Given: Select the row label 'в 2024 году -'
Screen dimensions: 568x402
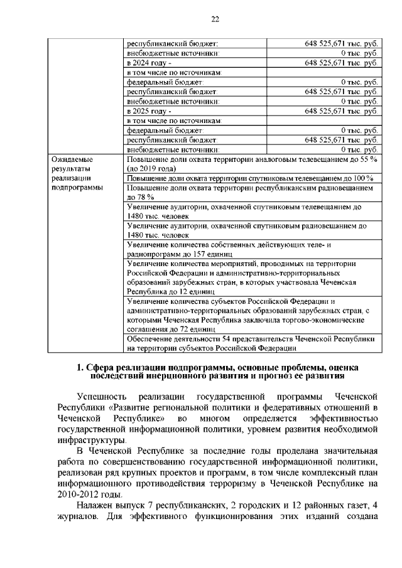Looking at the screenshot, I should pos(149,63).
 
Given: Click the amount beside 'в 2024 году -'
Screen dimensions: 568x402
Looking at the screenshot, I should pos(341,63).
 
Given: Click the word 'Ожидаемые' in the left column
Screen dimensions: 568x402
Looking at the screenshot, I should pos(72,160).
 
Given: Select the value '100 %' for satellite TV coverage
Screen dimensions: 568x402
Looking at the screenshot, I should pos(363,178).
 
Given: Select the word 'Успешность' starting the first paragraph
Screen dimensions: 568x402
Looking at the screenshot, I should pos(98,397).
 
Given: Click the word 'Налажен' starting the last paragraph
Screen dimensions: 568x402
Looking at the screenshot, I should pos(94,506).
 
